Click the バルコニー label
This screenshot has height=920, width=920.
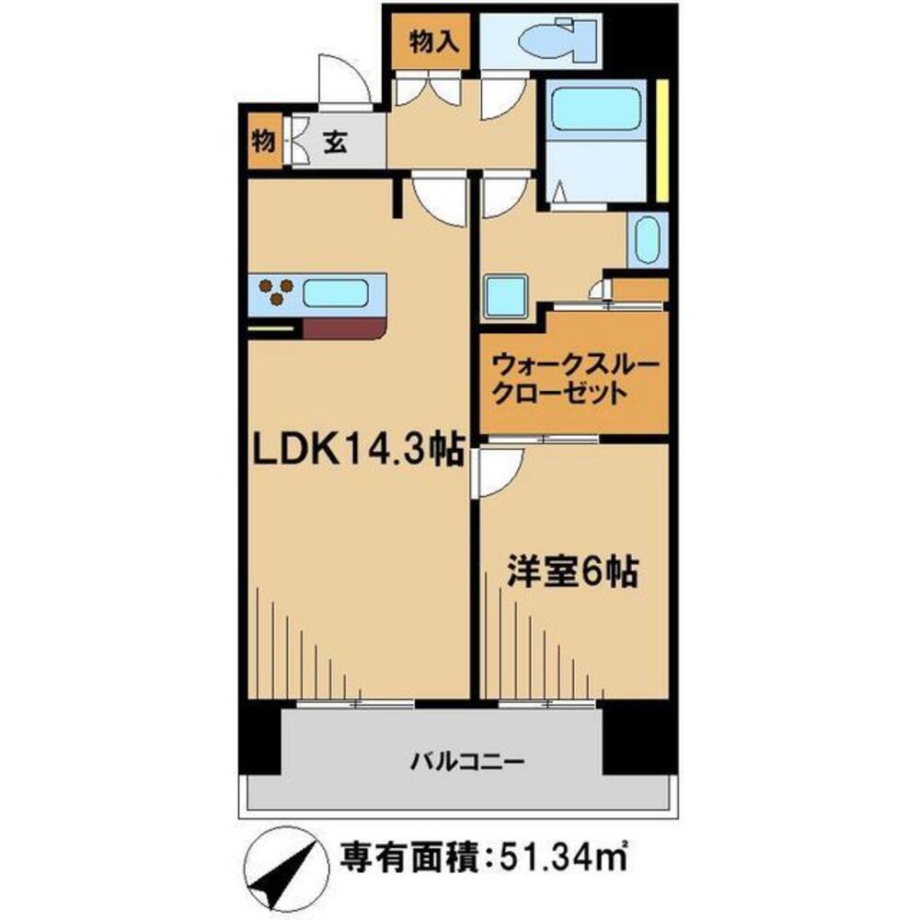click(x=466, y=762)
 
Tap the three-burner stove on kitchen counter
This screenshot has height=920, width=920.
click(x=272, y=293)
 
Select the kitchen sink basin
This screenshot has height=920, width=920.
click(x=337, y=294)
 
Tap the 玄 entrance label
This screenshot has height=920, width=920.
click(x=335, y=142)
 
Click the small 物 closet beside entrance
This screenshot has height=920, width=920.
click(x=262, y=142)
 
